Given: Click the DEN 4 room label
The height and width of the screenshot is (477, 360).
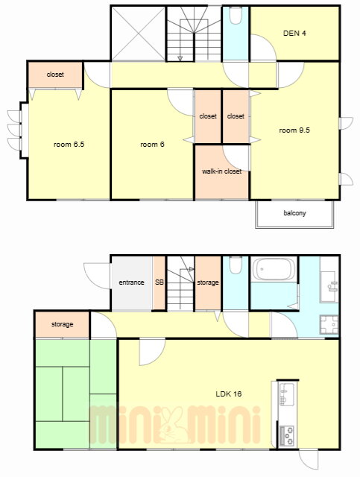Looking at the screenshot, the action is point(294,33).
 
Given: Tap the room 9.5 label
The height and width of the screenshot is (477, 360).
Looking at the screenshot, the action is point(294,130).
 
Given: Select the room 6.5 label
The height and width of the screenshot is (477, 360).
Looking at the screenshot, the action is point(69,144).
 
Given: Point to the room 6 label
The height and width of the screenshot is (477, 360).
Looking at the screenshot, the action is point(152,144).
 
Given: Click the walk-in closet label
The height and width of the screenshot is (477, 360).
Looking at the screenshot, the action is point(221,171).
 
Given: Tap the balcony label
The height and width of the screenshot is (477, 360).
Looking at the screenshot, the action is point(294,213).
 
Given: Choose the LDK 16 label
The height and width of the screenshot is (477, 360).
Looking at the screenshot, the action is point(229,394).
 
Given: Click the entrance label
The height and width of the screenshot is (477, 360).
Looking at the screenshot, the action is point(131,282).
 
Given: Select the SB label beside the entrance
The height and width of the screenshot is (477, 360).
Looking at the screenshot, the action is point(160,282).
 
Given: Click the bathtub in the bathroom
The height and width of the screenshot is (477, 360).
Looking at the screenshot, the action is point(274,269).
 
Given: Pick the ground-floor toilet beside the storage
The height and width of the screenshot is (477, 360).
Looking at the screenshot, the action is point(236,265).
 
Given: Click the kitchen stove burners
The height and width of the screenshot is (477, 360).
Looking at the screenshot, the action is point(287,435).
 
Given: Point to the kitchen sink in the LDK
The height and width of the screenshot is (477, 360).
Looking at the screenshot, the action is point(287,394).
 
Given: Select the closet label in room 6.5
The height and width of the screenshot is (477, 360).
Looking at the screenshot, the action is point(55,75).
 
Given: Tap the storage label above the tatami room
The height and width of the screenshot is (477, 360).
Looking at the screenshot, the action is point(62,324).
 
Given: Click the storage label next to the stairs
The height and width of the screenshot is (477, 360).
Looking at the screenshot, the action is point(208,282).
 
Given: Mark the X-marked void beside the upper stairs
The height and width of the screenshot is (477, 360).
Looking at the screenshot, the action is point(139,34).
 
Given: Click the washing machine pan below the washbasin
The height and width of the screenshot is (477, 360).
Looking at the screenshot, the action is point(329,325).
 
